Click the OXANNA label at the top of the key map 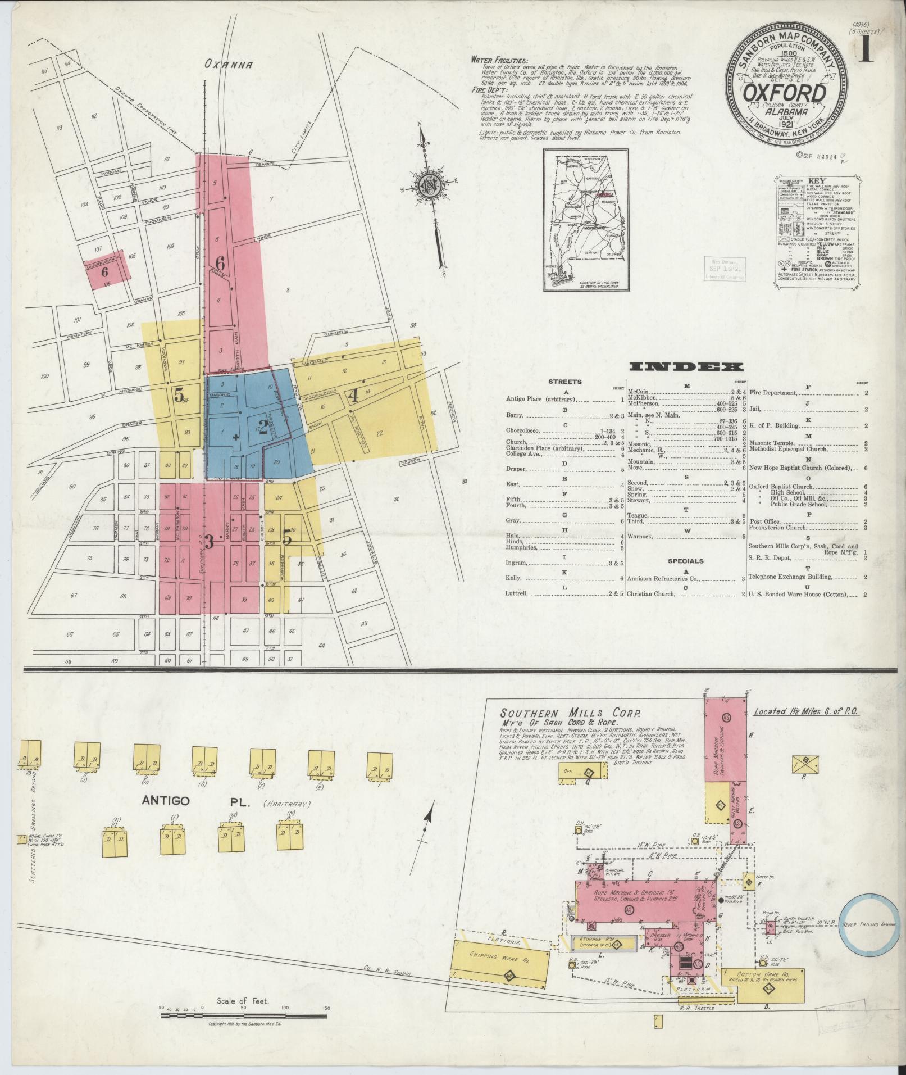(x=228, y=64)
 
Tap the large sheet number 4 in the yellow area (x=353, y=396)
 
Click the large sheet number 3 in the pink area (x=209, y=542)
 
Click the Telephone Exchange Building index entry (x=797, y=577)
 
